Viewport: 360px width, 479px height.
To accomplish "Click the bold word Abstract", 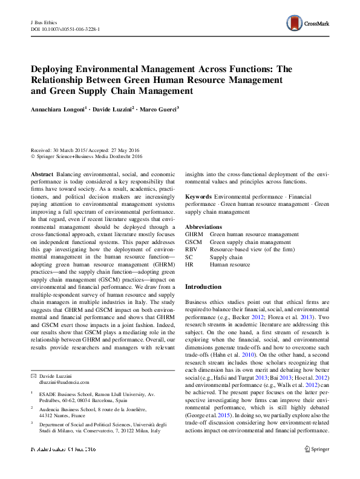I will pyautogui.click(x=41, y=173).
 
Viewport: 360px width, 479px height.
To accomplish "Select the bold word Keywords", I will pyautogui.click(x=198, y=197).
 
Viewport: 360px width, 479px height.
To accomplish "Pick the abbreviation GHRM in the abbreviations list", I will pyautogui.click(x=194, y=234).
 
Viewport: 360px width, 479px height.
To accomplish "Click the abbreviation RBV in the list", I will pyautogui.click(x=191, y=249).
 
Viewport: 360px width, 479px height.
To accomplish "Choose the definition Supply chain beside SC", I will pyautogui.click(x=226, y=257).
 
